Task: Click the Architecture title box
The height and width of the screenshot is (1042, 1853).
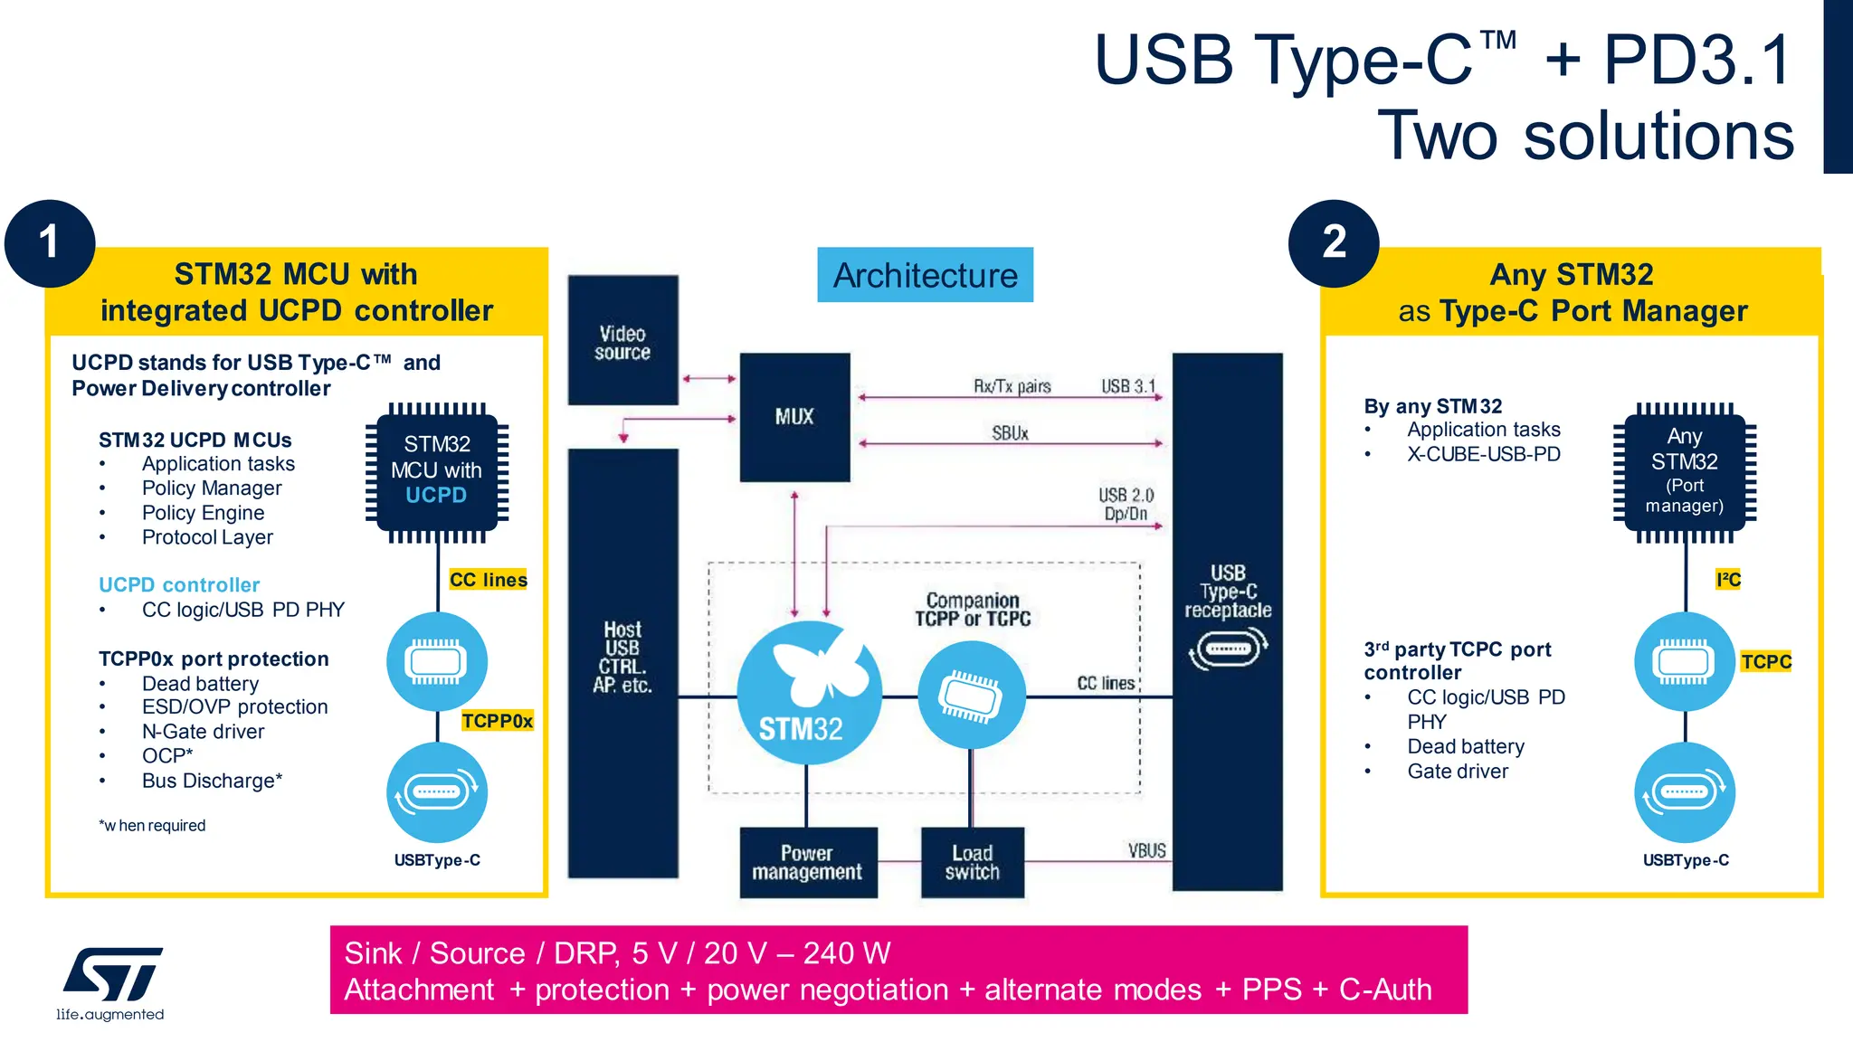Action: coord(925,275)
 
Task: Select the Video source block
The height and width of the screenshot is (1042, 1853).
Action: coord(622,341)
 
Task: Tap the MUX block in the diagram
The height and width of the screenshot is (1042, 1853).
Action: coord(794,417)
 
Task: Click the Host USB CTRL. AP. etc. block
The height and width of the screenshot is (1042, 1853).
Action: coord(622,660)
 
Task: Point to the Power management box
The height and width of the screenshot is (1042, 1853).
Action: coord(807,862)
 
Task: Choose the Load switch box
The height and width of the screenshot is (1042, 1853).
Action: coord(972,862)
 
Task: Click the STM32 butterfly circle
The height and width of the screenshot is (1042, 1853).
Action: coord(808,693)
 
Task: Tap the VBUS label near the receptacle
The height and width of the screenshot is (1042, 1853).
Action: coord(1146,850)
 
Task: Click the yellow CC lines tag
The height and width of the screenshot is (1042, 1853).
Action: coord(489,580)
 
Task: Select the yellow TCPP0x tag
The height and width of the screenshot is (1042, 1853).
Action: coord(497,721)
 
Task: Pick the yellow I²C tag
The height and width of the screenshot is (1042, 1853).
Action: coord(1727,580)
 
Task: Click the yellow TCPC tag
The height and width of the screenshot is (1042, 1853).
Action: coord(1765,661)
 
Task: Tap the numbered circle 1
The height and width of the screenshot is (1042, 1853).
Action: coord(50,243)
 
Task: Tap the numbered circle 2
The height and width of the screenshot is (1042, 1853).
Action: coord(1334,243)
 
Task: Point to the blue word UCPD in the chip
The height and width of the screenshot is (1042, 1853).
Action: coord(436,496)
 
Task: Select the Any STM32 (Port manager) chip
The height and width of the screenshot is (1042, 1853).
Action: coord(1685,469)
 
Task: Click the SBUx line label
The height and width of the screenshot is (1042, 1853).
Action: coord(1010,433)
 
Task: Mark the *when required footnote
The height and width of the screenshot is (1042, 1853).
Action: coord(153,826)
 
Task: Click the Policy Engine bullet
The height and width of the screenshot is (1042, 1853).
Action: coord(203,513)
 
